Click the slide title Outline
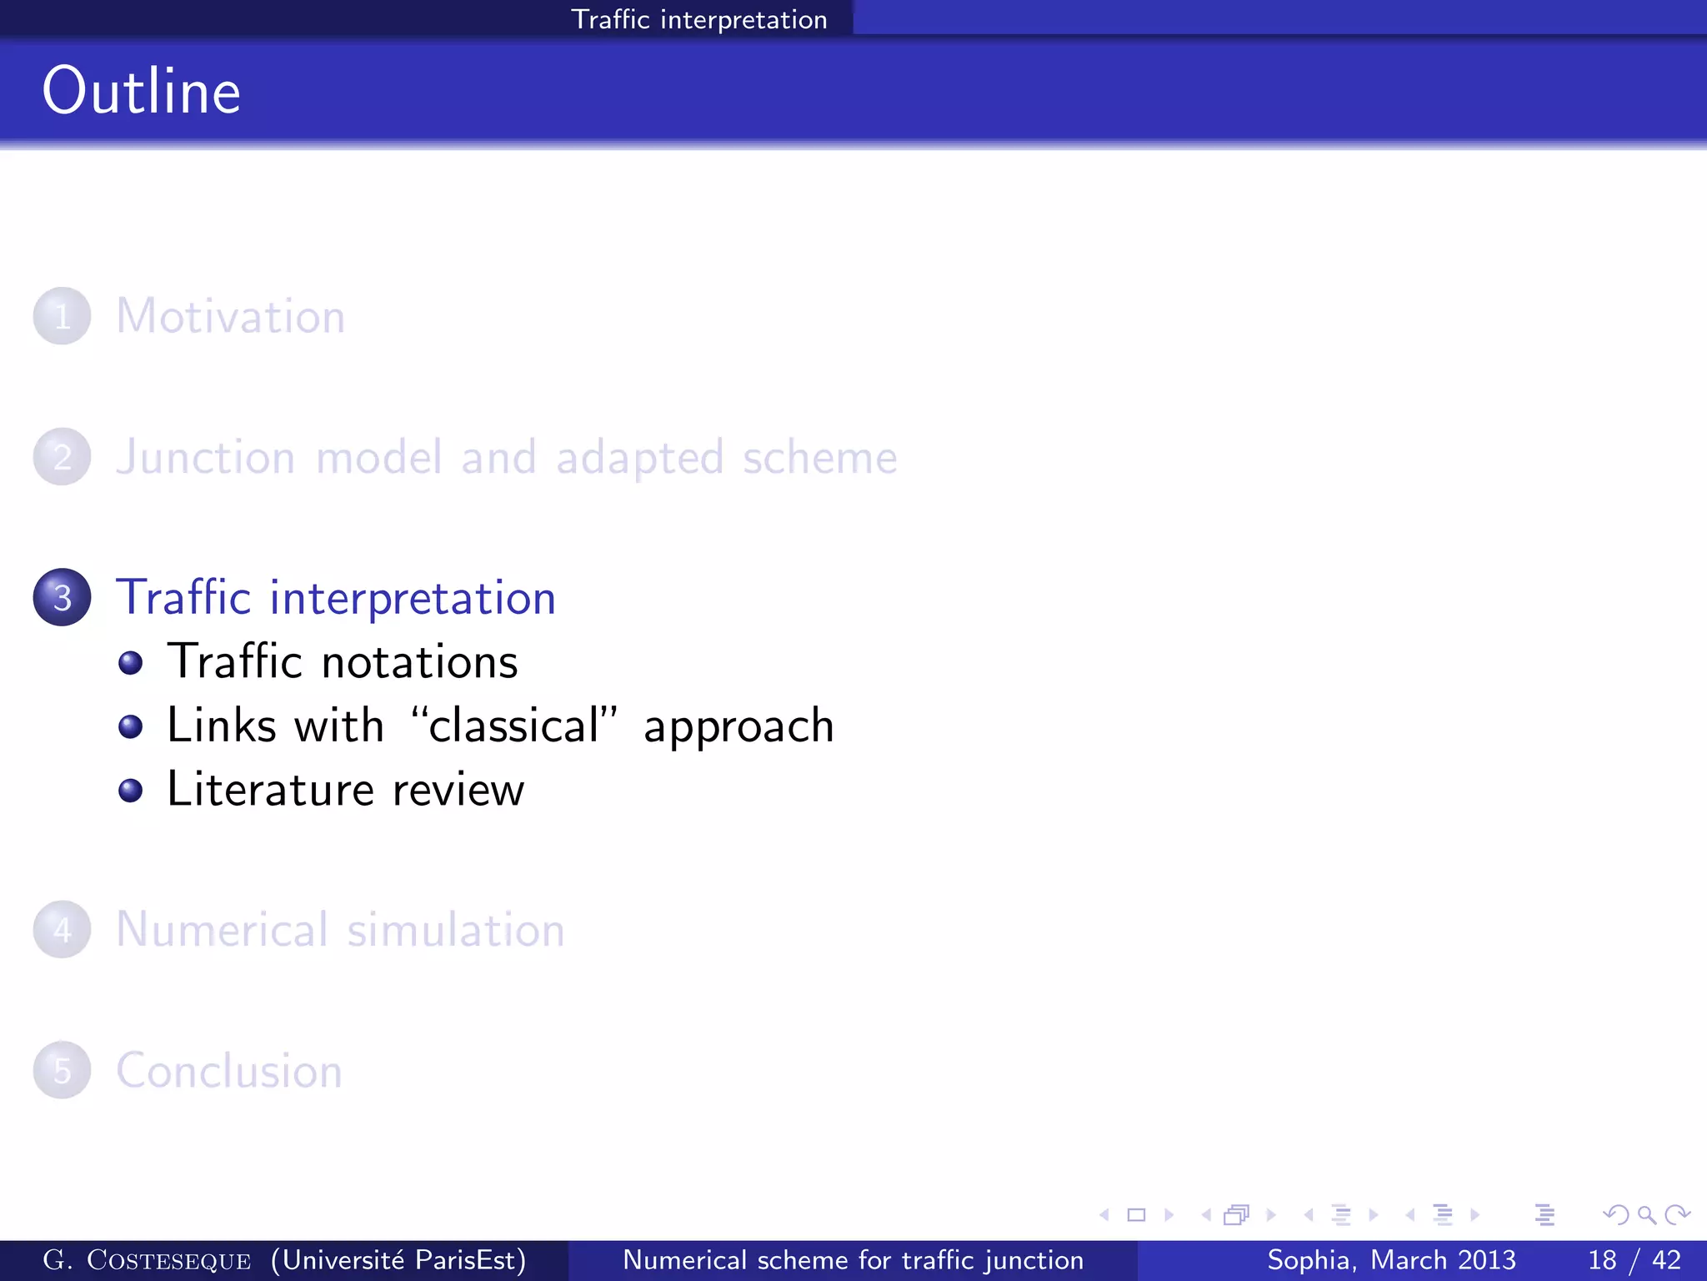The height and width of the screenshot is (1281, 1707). point(142,91)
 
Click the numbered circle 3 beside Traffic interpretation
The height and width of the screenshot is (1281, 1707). point(63,597)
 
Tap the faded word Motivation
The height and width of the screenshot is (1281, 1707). point(230,317)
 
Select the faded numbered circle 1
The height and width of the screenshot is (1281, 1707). point(63,316)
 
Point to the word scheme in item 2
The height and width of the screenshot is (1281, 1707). point(819,457)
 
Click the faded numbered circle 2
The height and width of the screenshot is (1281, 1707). point(63,456)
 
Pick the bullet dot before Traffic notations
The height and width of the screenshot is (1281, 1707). point(130,663)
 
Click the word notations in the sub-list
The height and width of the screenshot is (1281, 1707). point(419,663)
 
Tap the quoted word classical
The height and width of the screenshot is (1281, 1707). point(513,726)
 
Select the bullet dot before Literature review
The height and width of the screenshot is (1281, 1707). point(130,790)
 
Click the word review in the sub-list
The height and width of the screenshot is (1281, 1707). point(458,791)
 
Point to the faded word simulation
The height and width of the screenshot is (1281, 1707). point(456,930)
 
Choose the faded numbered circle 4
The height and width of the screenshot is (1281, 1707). point(63,929)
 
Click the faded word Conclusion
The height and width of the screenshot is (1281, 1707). point(229,1071)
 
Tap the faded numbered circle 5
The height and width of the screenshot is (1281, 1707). point(63,1070)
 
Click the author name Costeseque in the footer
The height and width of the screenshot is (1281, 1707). point(168,1260)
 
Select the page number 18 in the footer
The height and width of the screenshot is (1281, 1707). point(1602,1260)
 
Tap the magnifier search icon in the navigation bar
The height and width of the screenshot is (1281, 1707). point(1646,1215)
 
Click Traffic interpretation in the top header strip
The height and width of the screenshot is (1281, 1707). point(698,19)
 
